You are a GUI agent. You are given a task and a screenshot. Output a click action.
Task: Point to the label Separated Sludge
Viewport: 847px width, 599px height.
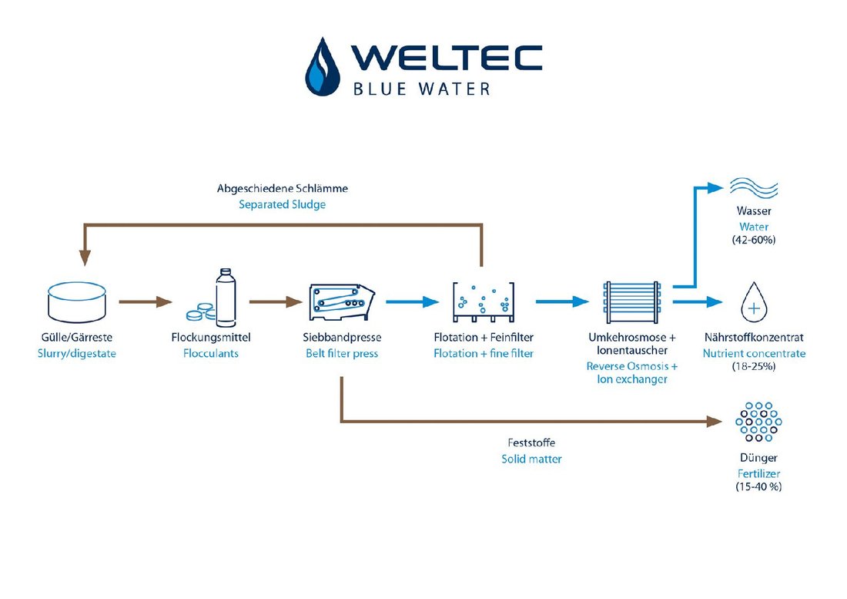(x=283, y=204)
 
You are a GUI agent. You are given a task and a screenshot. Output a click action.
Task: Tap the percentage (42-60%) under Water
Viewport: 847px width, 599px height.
(x=754, y=241)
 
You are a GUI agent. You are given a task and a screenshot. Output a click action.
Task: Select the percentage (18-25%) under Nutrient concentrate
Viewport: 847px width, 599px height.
(x=754, y=367)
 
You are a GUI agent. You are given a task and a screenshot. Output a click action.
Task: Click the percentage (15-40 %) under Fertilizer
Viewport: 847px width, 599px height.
(x=754, y=486)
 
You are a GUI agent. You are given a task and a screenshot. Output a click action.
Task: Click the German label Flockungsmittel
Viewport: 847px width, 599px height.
(x=211, y=338)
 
